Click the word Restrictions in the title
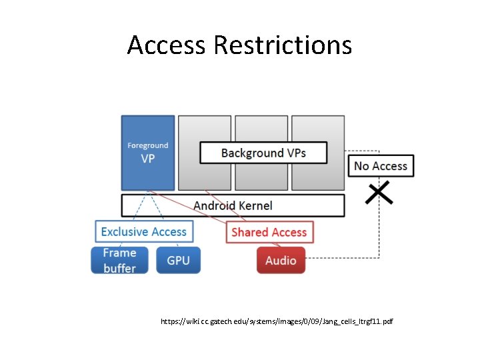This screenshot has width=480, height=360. tap(283, 45)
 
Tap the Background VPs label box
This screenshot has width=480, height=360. tap(263, 153)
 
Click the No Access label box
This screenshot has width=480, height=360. tap(381, 166)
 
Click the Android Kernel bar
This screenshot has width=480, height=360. tap(233, 205)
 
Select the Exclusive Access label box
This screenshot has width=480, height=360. tap(144, 232)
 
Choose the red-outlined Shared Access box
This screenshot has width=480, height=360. tap(269, 232)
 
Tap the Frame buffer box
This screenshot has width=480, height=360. tap(119, 260)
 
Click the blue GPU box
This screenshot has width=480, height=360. tap(178, 260)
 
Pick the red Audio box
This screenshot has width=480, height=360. tap(281, 260)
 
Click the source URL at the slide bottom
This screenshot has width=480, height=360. tap(277, 321)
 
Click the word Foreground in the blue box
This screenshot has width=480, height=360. tap(147, 145)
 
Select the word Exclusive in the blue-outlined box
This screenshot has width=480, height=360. tap(124, 232)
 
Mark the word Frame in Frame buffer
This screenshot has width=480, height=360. tap(119, 253)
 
